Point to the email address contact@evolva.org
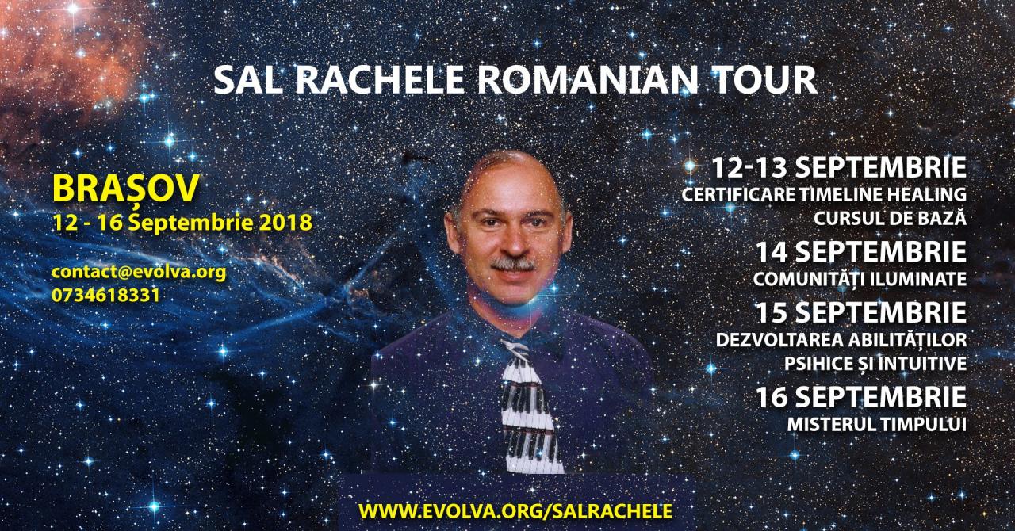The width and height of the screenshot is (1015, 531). tap(139, 273)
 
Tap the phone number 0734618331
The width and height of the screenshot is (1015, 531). tap(105, 296)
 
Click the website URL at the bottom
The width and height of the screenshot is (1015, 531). tap(515, 510)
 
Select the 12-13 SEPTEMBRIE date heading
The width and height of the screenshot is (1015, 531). tap(839, 168)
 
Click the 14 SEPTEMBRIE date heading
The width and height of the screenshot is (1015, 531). tap(861, 252)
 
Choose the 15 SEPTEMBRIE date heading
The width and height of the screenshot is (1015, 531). tap(861, 312)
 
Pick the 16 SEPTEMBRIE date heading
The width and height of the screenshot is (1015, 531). tap(861, 397)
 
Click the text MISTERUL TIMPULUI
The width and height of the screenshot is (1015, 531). tap(877, 425)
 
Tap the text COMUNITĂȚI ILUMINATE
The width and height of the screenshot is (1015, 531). tap(860, 279)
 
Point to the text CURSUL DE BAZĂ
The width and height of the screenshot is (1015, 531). tap(891, 218)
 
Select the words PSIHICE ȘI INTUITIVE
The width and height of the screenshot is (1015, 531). tap(875, 363)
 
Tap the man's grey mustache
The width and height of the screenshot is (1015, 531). tap(513, 264)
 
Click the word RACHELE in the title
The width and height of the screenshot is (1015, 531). tap(379, 80)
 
